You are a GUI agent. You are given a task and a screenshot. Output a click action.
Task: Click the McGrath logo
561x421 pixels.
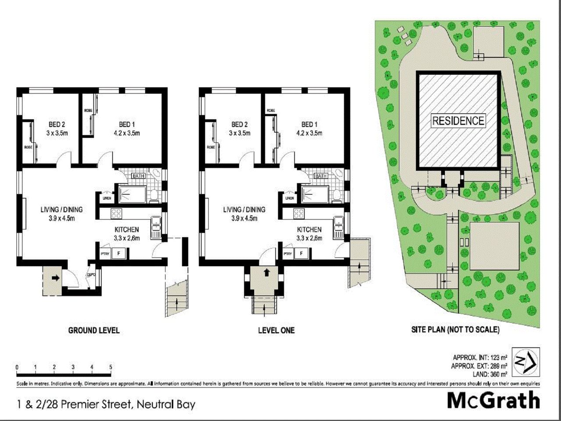point(493,400)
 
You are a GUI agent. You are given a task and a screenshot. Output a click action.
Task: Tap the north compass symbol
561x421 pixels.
point(525,361)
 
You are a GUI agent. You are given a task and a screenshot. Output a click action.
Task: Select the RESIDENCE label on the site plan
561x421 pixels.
point(458,121)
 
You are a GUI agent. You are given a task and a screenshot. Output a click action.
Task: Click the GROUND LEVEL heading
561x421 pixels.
point(94,330)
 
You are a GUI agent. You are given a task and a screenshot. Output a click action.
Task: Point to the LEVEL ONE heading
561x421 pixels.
point(276,330)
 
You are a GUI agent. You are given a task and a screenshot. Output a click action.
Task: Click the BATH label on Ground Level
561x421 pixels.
point(139,176)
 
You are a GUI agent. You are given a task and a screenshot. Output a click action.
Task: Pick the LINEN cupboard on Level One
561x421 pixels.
point(289,198)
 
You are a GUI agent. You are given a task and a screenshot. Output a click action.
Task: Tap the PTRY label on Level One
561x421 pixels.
point(288,253)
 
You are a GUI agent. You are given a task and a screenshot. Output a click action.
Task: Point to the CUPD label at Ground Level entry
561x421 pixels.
point(91,275)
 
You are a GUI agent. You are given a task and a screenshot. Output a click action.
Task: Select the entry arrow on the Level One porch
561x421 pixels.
point(266,272)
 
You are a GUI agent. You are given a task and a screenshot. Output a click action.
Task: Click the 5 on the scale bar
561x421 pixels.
point(110,367)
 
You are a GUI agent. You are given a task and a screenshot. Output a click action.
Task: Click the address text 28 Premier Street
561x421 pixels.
point(105,404)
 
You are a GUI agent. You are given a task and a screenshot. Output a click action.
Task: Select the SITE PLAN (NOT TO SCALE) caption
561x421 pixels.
point(455,330)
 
